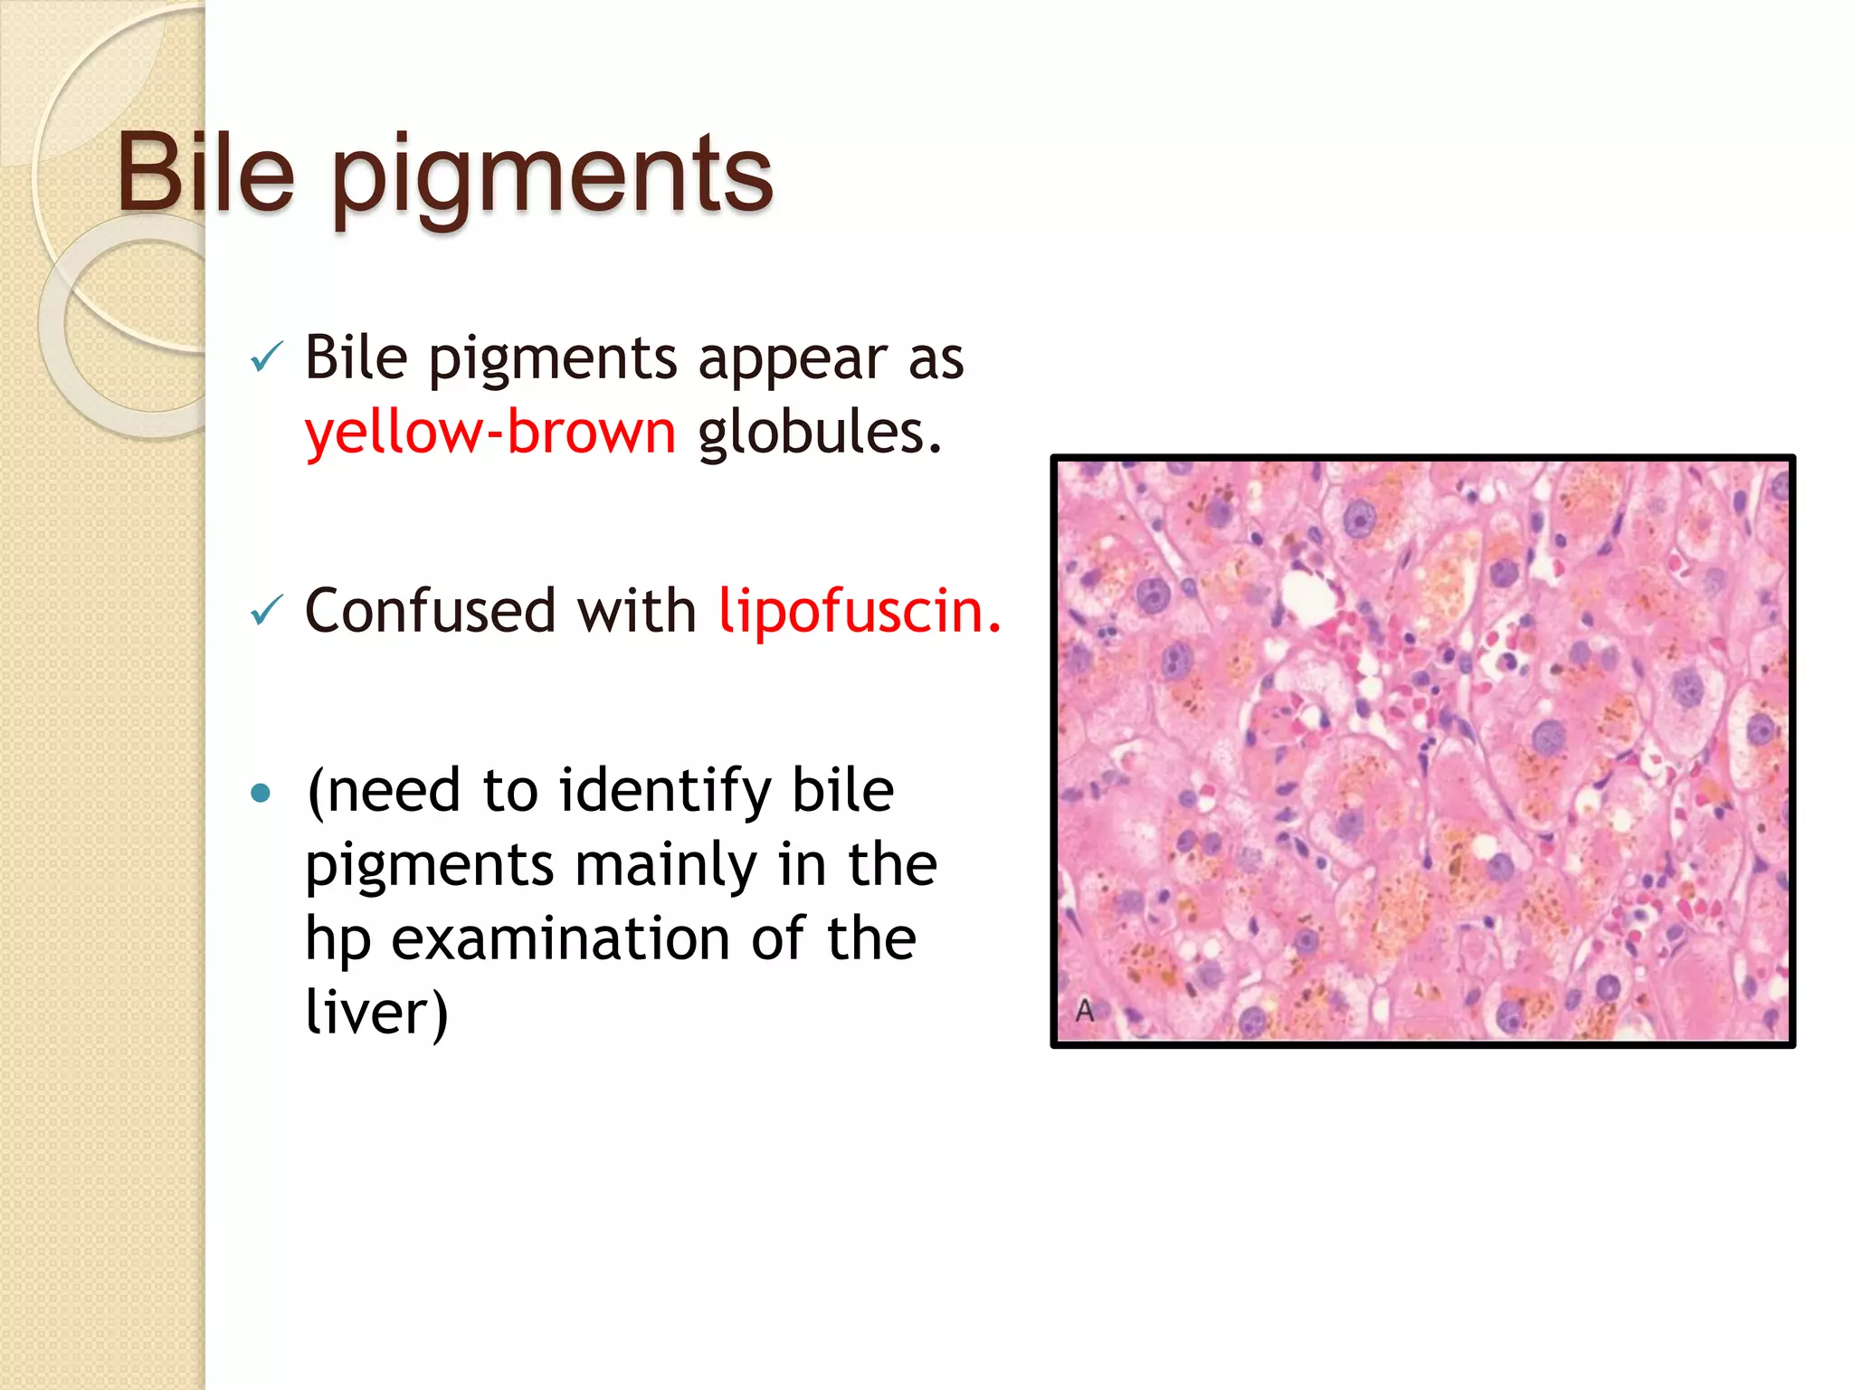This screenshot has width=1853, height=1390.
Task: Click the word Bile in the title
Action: pyautogui.click(x=206, y=172)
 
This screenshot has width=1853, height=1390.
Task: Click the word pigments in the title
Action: pyautogui.click(x=552, y=176)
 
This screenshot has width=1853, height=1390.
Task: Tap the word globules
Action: pyautogui.click(x=819, y=432)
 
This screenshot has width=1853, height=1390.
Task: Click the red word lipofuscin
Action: pyautogui.click(x=860, y=611)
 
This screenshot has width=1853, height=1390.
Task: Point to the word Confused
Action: pyautogui.click(x=430, y=611)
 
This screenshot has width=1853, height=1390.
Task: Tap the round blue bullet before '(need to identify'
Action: pyautogui.click(x=261, y=794)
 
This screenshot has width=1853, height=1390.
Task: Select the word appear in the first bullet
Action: pyautogui.click(x=793, y=359)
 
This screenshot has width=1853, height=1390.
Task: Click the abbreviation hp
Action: pyautogui.click(x=337, y=941)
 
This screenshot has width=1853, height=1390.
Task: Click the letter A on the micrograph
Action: pyautogui.click(x=1085, y=1011)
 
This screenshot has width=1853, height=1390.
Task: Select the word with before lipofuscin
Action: pyautogui.click(x=636, y=611)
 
